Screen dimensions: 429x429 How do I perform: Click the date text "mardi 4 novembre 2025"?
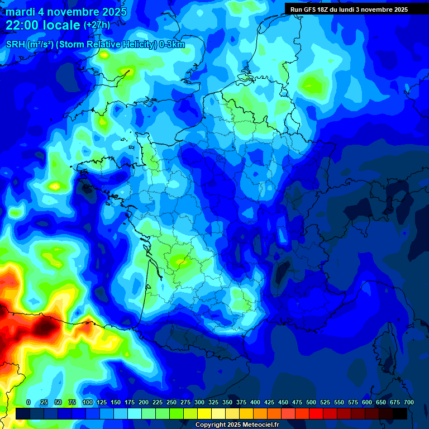(x=66, y=12)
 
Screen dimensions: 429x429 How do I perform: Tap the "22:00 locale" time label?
(x=43, y=25)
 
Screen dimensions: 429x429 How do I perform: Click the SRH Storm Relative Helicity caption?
(x=96, y=45)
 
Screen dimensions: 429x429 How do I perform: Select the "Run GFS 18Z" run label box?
(x=349, y=9)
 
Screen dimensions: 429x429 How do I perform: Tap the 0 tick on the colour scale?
(x=28, y=403)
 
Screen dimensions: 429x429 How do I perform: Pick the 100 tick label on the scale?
(x=87, y=403)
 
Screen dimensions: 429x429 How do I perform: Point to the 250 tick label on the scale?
(x=171, y=403)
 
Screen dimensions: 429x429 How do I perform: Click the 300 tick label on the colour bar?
(x=199, y=403)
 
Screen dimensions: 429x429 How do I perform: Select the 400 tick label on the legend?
(x=255, y=403)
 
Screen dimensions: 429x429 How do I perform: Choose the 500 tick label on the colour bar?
(x=311, y=403)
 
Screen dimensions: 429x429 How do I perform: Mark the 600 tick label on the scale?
(x=367, y=403)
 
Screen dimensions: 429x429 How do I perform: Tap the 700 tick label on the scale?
(x=408, y=403)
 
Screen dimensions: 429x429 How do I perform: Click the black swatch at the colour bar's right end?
(x=400, y=413)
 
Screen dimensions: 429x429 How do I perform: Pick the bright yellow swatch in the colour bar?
(x=204, y=413)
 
